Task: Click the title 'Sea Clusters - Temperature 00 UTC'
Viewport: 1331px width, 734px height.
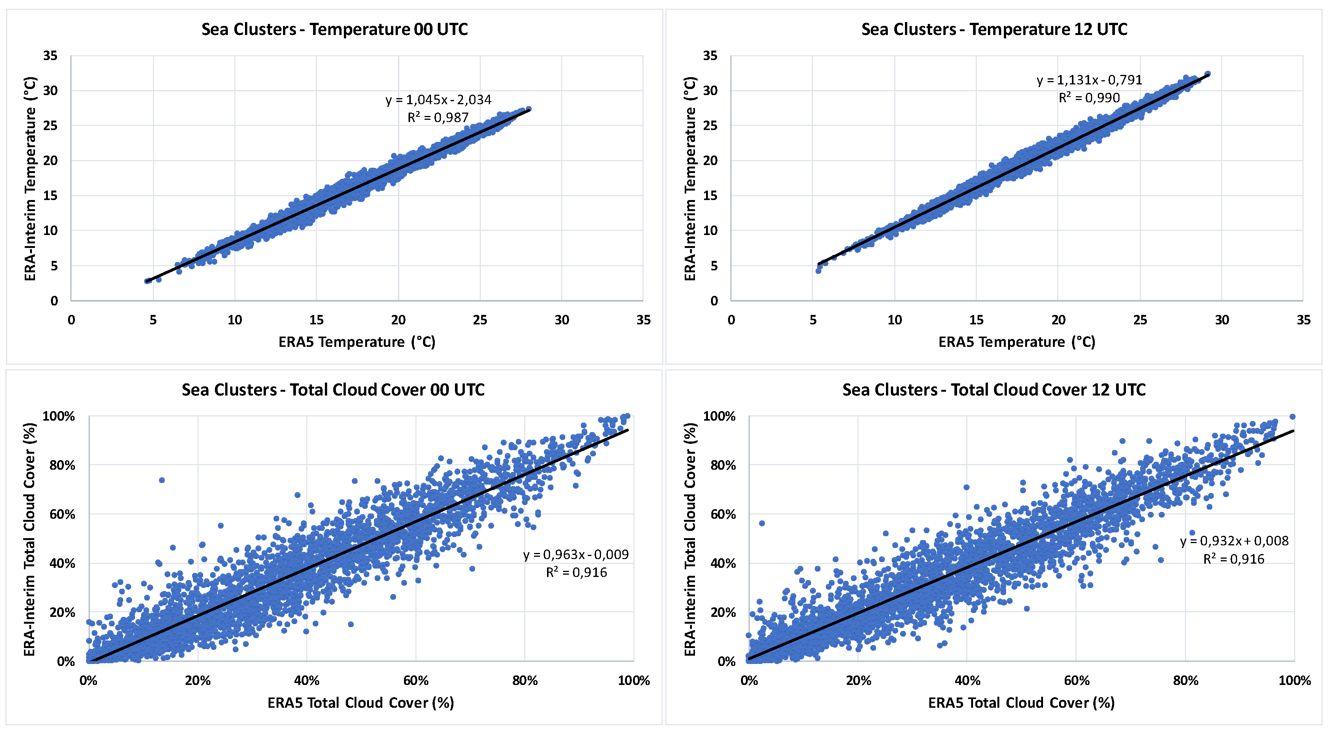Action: tap(334, 29)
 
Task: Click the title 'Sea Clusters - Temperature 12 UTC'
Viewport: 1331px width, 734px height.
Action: tap(994, 29)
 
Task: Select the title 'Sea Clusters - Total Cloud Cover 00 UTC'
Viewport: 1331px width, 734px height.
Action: tap(333, 389)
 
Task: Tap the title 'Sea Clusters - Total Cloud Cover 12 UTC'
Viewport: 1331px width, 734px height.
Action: tap(994, 389)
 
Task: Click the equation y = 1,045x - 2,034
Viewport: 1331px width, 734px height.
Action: tap(438, 100)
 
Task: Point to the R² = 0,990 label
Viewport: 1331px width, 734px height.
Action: tap(1089, 98)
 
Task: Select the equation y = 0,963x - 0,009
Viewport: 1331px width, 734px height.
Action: tap(576, 555)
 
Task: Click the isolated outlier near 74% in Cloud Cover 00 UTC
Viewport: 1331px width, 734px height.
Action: tap(162, 480)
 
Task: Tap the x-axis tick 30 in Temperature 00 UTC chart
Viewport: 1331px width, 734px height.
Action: tap(561, 320)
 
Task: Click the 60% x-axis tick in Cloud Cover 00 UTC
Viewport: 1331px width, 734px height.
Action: tap(415, 681)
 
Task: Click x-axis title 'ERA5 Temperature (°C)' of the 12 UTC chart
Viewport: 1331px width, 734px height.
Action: tap(1016, 342)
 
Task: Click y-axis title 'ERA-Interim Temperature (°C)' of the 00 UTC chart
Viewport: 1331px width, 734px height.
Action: tap(30, 178)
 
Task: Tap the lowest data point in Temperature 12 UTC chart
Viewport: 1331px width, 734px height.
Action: tap(818, 271)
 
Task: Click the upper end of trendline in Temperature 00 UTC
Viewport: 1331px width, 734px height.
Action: tap(529, 110)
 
